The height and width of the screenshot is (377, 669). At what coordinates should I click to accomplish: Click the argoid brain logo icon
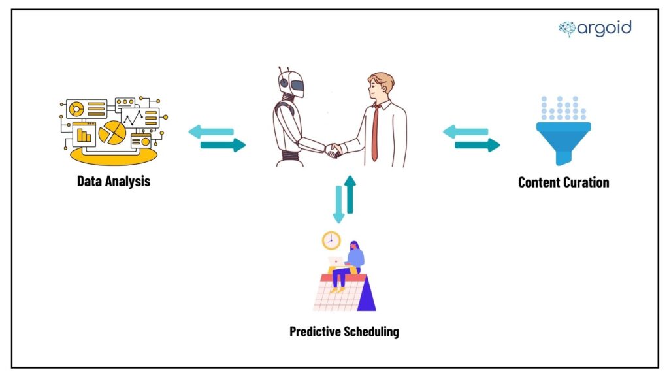[x=567, y=28]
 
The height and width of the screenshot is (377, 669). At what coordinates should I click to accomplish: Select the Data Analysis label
[x=114, y=181]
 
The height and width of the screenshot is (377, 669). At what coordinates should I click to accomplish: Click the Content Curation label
[x=563, y=182]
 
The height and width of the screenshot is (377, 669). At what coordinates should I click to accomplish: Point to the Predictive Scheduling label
[x=344, y=331]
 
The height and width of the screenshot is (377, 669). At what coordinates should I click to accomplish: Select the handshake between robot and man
[x=333, y=151]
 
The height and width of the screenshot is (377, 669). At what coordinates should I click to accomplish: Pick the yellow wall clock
[x=331, y=240]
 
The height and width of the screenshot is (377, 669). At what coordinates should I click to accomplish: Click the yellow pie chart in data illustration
[x=112, y=131]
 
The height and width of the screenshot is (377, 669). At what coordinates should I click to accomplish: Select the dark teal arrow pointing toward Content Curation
[x=476, y=145]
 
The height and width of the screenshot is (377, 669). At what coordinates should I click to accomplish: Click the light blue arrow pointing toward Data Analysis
[x=211, y=132]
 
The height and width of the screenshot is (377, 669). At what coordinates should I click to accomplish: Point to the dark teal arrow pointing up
[x=351, y=194]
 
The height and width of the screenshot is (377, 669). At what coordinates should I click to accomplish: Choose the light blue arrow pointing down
[x=338, y=205]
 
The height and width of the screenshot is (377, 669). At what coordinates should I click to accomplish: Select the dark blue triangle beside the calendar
[x=366, y=293]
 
